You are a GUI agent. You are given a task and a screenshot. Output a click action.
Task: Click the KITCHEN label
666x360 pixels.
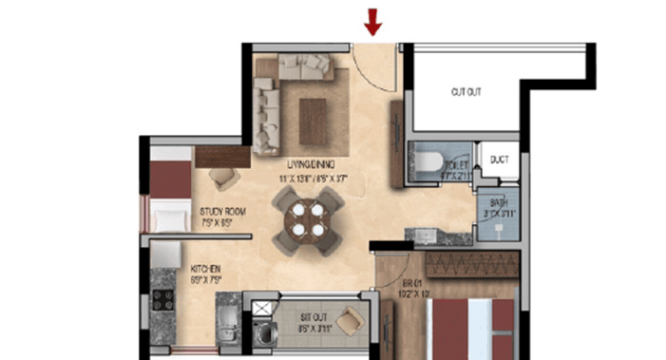[206, 269]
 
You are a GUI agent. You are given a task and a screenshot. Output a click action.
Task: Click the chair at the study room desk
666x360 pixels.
[223, 176]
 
